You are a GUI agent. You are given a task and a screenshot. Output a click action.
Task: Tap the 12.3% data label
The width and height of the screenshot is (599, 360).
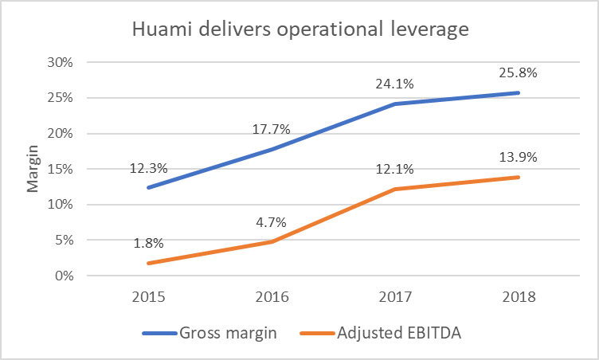click(149, 170)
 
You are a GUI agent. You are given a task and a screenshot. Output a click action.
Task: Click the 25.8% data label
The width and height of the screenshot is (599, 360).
click(519, 72)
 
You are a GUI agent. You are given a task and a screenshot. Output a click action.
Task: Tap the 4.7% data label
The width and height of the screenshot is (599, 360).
click(272, 223)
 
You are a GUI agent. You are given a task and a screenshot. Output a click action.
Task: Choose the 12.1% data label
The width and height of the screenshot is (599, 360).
click(396, 170)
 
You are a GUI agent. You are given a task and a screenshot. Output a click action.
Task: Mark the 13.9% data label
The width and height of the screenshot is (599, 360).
click(519, 157)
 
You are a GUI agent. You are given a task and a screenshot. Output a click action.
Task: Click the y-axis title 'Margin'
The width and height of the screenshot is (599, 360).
click(33, 170)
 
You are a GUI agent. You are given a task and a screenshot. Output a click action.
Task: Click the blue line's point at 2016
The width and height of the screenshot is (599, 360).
click(272, 149)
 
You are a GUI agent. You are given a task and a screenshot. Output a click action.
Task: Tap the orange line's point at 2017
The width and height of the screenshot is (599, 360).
click(396, 190)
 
